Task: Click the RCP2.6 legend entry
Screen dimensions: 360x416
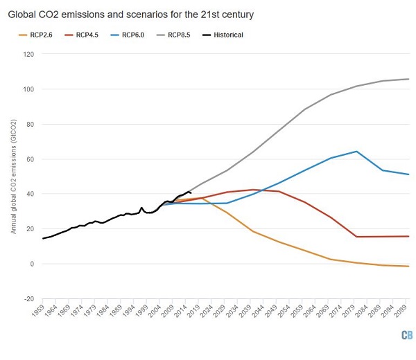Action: click(x=37, y=34)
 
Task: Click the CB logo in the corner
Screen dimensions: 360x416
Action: click(x=406, y=335)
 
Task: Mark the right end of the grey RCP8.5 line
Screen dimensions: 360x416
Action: click(x=408, y=79)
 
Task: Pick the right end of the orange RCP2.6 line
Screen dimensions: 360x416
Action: click(x=408, y=267)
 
